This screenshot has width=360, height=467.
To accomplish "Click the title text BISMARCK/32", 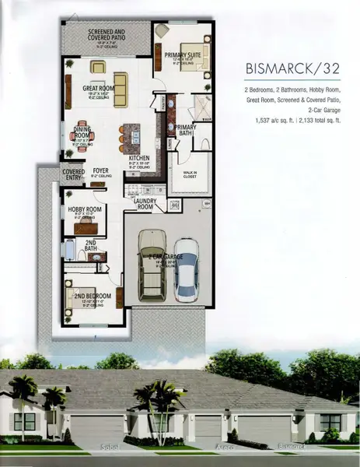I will tap(286, 68).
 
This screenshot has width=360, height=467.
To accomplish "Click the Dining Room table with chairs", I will tap(83, 138).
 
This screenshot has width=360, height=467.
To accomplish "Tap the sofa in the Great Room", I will tap(121, 83).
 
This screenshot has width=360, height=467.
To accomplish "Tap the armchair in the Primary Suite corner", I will tap(161, 30).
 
